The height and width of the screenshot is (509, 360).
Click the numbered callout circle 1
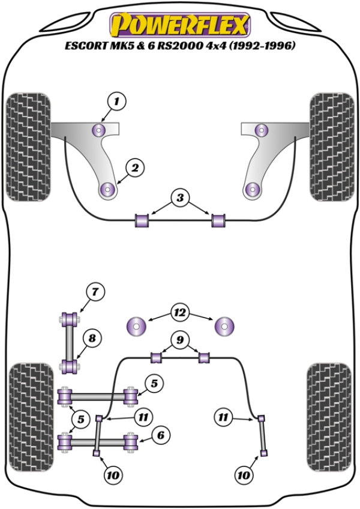(117, 102)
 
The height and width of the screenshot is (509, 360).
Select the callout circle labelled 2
(134, 169)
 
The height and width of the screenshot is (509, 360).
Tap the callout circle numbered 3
(180, 197)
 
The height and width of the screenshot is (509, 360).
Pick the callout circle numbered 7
(94, 292)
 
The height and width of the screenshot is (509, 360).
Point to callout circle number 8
(92, 339)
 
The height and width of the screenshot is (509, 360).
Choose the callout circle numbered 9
(178, 340)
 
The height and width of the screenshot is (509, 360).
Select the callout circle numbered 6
(159, 436)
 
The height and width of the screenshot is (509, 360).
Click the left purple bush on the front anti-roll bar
(143, 220)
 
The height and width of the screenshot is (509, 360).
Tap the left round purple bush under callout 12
(138, 327)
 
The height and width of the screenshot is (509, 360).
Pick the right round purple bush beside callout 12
(224, 327)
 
